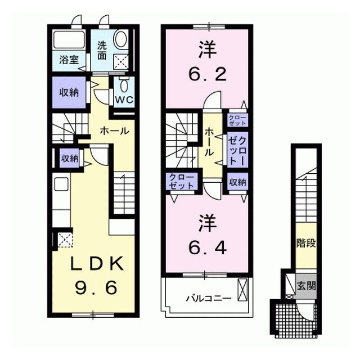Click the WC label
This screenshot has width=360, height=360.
(x=124, y=100)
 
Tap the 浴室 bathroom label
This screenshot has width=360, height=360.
(x=69, y=60)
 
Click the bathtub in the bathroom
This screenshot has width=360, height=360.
(x=69, y=39)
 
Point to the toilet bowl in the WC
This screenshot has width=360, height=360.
(x=124, y=85)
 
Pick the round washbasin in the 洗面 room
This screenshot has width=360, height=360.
(x=121, y=39)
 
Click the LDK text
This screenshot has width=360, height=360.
(x=97, y=264)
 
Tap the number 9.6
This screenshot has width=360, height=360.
(x=97, y=288)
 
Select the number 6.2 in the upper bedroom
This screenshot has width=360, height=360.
(x=208, y=74)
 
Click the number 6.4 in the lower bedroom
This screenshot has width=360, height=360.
(x=208, y=247)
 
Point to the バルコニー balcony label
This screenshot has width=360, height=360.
(x=208, y=299)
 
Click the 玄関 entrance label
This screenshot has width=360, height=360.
(x=306, y=286)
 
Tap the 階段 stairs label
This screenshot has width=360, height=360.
(x=306, y=243)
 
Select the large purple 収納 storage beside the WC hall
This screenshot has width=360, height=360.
(x=69, y=92)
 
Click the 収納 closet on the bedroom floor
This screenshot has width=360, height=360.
(x=238, y=182)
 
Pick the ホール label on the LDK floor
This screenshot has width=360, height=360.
(x=115, y=131)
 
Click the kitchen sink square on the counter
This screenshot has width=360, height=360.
(x=62, y=183)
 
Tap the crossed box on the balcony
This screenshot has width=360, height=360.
(x=242, y=290)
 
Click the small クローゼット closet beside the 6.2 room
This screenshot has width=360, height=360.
(x=237, y=120)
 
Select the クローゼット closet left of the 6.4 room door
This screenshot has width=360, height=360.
(x=181, y=182)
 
